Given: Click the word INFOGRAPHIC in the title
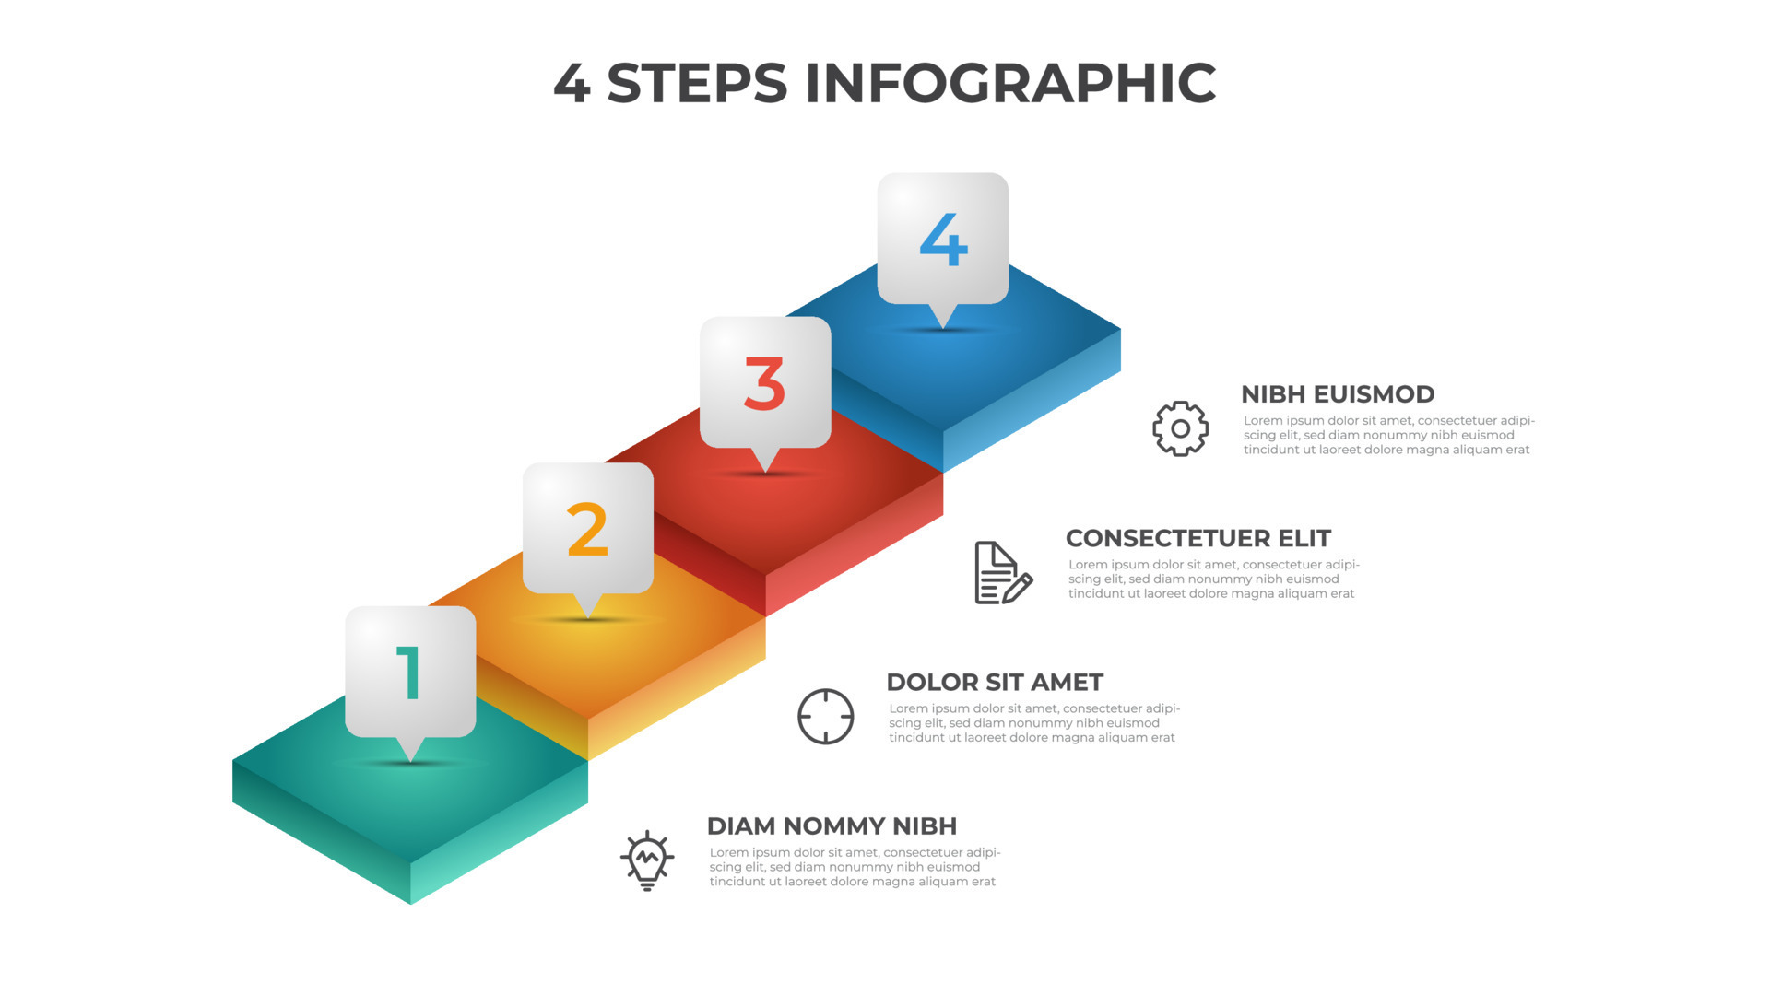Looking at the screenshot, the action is tap(1010, 83).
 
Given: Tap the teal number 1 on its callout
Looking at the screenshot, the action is tap(409, 673).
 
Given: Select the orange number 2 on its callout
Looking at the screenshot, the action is tap(587, 530).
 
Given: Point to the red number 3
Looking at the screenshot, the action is tap(764, 384).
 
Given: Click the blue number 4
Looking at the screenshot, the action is tap(943, 240).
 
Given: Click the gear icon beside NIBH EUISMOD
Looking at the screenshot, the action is tap(1180, 428).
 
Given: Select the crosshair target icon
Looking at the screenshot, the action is tap(825, 717).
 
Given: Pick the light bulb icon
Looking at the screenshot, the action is tap(647, 860).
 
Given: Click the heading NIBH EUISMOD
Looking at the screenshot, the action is tap(1338, 394).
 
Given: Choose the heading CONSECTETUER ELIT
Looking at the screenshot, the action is tap(1198, 538).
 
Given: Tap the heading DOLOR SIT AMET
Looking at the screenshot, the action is tap(995, 682).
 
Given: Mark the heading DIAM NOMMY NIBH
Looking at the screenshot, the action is tap(832, 825).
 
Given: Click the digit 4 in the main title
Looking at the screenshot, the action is tap(572, 83).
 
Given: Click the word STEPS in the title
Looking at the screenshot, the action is tap(697, 83).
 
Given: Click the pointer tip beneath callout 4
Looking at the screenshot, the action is tap(943, 328).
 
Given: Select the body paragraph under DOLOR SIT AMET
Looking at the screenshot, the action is tap(1034, 723).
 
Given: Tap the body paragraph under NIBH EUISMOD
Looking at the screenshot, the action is tap(1389, 436).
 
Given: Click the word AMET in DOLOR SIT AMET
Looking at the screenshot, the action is tap(1069, 682).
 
